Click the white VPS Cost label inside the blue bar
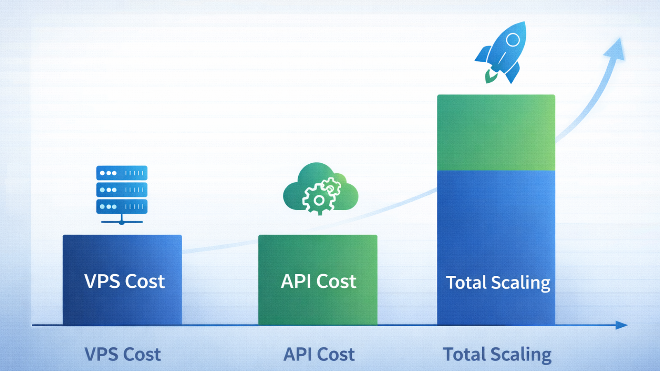coord(124,282)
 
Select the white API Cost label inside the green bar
coord(318,282)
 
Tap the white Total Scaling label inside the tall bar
coord(498,283)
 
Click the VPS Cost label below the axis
coord(123,355)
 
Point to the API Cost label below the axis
coord(319,355)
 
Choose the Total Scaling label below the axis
coord(497,355)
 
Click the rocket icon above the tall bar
coord(503,52)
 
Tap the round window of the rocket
coord(513,40)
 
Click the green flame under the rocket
coord(491,76)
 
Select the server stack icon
coord(122,194)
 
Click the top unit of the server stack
coord(122,173)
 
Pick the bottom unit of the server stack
coord(122,207)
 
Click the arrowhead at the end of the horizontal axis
coord(621,325)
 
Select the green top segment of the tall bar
coord(496,133)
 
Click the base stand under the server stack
coord(122,221)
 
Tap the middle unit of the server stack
coord(122,190)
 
